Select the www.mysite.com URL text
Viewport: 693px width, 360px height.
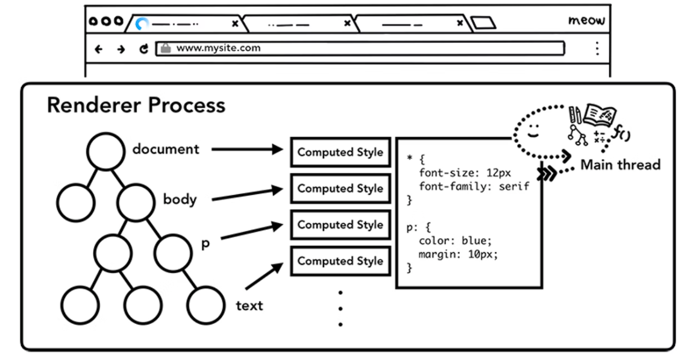click(218, 48)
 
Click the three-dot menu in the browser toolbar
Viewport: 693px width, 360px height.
click(597, 48)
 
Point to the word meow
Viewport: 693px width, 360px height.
click(586, 21)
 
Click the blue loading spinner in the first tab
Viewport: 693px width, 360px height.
click(142, 24)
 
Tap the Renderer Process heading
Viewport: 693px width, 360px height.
click(136, 105)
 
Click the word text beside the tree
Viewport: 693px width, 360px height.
click(249, 306)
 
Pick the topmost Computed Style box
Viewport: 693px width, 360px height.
click(340, 153)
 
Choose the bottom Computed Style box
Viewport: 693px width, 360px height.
click(340, 261)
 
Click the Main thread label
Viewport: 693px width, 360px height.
click(620, 165)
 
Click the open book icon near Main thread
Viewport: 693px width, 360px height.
click(600, 115)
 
